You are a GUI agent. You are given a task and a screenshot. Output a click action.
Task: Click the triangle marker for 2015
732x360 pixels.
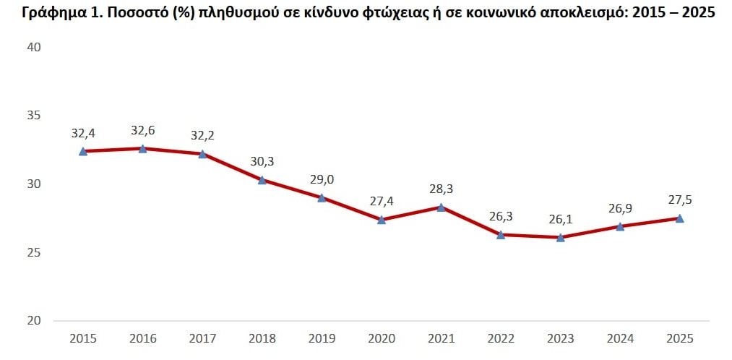pos(83,151)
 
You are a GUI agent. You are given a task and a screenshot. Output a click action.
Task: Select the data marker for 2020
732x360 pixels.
pos(382,219)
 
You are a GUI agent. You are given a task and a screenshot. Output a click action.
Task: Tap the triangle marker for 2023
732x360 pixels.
pos(560,236)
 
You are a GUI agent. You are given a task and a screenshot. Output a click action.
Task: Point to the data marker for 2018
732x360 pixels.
pos(262,180)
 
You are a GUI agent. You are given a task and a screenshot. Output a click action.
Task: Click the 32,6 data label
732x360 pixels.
pos(143,131)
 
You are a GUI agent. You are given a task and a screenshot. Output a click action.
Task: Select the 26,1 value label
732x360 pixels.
pos(560,219)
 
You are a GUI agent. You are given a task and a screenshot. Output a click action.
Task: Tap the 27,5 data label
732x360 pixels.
pos(679,200)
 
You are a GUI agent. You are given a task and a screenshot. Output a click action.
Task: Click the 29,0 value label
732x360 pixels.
pos(322,180)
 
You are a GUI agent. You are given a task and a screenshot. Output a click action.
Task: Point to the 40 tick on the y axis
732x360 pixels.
pos(34,48)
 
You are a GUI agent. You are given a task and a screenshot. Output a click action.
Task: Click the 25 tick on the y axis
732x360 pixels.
pos(34,253)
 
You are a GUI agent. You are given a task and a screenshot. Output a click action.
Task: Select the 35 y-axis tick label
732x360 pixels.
pos(34,116)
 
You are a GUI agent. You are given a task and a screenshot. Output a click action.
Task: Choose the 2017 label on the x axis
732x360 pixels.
pos(202,338)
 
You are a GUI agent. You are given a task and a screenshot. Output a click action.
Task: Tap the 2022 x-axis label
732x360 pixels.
pos(501,338)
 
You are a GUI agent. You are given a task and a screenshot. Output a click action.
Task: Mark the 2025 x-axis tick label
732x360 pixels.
pos(679,338)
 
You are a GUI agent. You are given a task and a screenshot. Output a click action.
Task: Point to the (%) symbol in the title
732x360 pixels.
pos(178,14)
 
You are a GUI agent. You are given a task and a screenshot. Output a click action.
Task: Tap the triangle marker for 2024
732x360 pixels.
pos(620,226)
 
